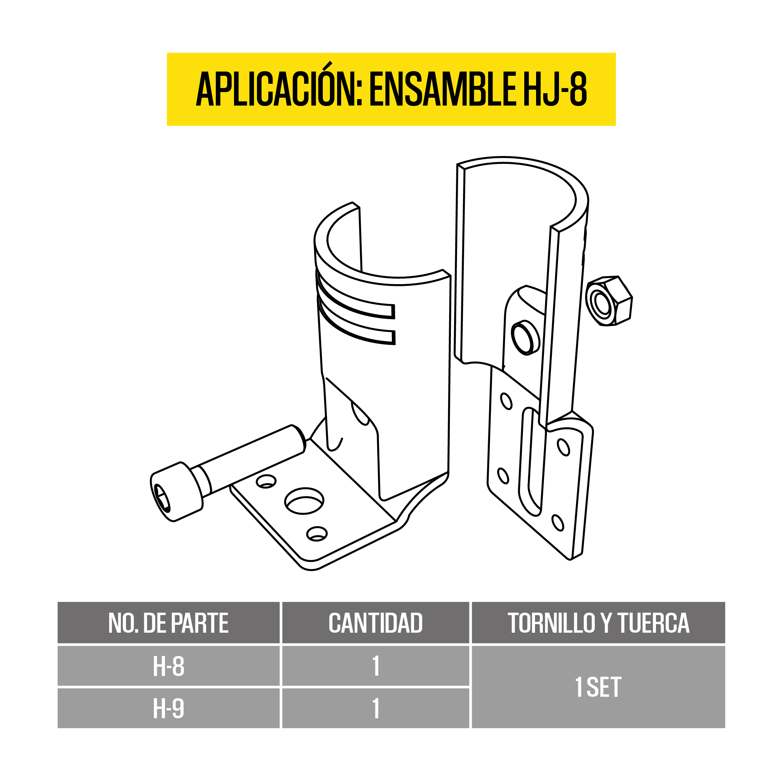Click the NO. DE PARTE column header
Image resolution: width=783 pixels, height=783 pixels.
point(168,623)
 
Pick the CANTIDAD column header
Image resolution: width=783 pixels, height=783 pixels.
point(375,623)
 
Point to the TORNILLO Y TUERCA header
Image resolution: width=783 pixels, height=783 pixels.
point(598,623)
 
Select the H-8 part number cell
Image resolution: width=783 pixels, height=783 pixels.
point(169,666)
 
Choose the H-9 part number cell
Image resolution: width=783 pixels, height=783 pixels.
point(169,709)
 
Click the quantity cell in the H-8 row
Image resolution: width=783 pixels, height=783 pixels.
point(376,666)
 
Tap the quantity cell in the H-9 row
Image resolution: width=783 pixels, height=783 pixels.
point(376,709)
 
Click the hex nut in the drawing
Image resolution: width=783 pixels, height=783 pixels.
point(609,301)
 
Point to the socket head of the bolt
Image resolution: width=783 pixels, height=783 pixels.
point(176,492)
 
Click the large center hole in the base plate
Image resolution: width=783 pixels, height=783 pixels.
point(305,501)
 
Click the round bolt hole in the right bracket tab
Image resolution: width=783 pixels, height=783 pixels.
point(525,337)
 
